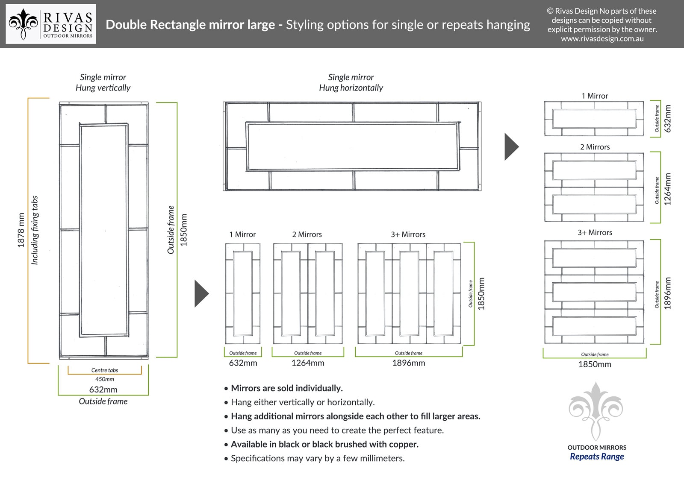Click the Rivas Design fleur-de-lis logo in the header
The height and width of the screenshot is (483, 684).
click(x=23, y=24)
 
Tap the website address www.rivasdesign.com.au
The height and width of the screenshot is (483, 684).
click(x=602, y=39)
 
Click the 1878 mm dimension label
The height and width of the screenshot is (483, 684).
click(x=21, y=230)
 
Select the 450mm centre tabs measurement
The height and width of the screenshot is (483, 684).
click(x=104, y=379)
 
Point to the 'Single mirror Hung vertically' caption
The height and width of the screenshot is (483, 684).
click(x=103, y=82)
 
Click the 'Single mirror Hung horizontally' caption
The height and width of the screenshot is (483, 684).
click(x=351, y=82)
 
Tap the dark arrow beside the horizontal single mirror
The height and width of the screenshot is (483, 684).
click(x=511, y=147)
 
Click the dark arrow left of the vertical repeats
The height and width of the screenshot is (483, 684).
click(x=202, y=293)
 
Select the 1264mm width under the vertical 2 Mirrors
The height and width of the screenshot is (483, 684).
click(x=308, y=363)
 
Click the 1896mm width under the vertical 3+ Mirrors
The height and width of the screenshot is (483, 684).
click(x=409, y=363)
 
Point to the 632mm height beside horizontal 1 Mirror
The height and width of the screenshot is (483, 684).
click(x=668, y=119)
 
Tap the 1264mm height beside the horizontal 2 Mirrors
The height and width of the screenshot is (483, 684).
click(x=668, y=189)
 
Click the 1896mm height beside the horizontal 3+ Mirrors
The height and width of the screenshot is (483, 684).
click(x=668, y=293)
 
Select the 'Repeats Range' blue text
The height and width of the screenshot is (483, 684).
click(x=597, y=457)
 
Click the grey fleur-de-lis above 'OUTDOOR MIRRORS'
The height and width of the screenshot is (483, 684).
click(x=596, y=411)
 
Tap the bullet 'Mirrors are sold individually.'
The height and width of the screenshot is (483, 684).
click(x=283, y=388)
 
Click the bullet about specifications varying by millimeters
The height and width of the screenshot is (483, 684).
click(x=315, y=458)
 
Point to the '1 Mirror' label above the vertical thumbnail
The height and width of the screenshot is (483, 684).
click(x=242, y=234)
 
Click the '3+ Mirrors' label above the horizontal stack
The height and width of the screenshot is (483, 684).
click(x=595, y=232)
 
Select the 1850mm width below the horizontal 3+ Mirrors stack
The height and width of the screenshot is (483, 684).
click(x=595, y=364)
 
